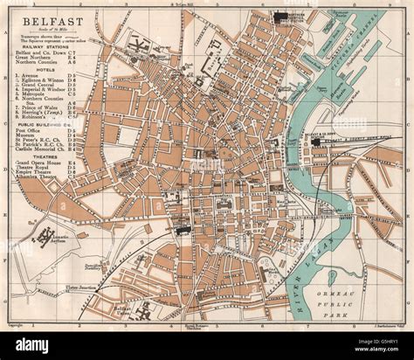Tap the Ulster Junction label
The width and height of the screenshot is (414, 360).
pos(53,284)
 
